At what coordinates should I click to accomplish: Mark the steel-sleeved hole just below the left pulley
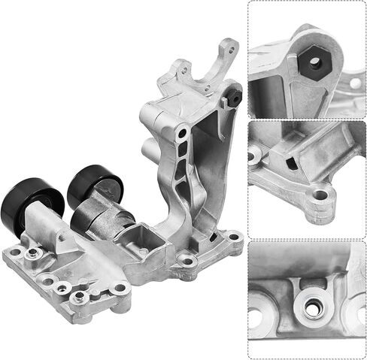click(32, 256)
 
